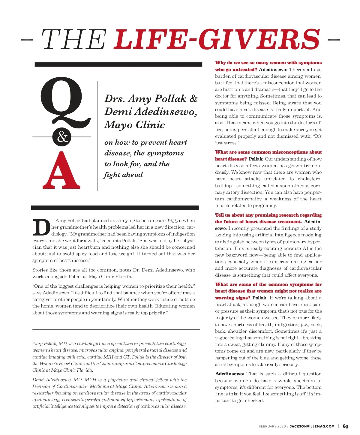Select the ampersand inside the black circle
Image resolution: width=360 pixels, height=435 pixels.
62,137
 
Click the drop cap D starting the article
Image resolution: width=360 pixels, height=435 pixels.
41,228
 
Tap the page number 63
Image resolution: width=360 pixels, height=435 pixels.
346,426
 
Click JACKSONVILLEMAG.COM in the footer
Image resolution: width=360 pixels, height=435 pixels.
312,426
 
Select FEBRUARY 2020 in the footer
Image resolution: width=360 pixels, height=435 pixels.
272,426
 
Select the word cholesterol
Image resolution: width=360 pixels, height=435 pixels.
310,179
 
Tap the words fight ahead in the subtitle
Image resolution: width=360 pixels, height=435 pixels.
123,175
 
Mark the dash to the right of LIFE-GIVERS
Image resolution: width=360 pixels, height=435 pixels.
334,39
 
